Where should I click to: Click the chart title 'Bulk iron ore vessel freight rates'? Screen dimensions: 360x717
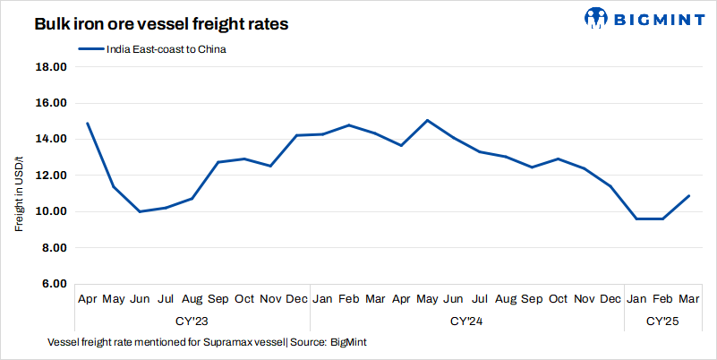(161, 25)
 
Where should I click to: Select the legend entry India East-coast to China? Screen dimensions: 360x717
(161, 49)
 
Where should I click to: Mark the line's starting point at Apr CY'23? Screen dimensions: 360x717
(87, 123)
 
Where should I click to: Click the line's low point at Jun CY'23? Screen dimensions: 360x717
(140, 211)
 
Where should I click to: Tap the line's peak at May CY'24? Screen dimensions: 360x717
(428, 120)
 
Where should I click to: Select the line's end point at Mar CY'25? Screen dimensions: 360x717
(689, 195)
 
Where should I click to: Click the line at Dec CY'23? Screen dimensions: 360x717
(296, 135)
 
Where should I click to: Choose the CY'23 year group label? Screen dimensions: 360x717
(192, 320)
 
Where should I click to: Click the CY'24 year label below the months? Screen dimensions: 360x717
(466, 320)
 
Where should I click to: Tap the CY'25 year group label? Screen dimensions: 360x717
(663, 320)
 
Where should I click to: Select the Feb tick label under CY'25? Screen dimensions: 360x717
(663, 297)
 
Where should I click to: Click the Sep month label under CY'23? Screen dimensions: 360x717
(218, 297)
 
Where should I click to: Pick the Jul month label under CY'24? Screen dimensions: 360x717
(480, 297)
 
